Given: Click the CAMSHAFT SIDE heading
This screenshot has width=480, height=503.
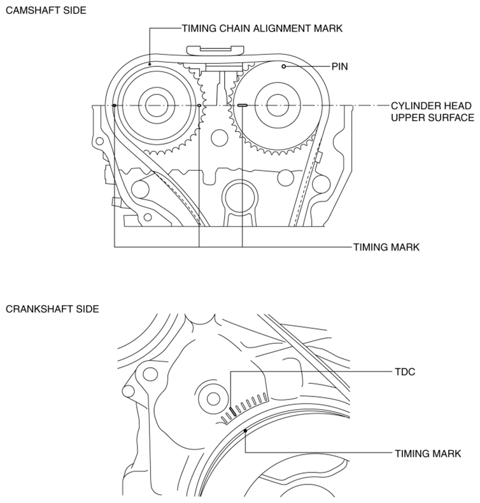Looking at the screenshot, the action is pos(46,10).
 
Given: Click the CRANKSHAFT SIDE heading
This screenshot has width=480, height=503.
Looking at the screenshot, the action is pos(52,309).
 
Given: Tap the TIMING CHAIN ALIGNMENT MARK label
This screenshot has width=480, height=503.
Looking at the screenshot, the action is pos(262,29).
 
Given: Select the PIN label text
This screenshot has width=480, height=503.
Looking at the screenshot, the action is pos(340,67).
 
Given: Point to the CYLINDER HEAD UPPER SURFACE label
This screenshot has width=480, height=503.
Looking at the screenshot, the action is pos(432,112).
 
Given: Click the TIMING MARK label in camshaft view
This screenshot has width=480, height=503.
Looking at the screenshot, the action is pos(386,247).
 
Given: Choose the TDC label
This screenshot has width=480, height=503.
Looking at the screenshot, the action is pos(405,372).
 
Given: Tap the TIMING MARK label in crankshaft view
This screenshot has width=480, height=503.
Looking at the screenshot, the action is pos(428,454).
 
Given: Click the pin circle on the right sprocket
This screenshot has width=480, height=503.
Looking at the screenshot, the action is pos(283,66).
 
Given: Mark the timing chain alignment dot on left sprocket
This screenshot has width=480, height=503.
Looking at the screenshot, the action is pos(150,64).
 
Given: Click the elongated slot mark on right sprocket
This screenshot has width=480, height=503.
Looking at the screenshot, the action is pos(243,105).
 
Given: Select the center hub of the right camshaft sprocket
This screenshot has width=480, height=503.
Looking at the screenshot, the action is pos(278,105).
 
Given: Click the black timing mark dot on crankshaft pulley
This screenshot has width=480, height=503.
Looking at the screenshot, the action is pos(246,430).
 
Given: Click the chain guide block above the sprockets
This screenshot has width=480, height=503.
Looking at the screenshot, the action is pos(215,50).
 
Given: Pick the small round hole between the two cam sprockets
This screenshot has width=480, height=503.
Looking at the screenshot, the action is pos(220,138).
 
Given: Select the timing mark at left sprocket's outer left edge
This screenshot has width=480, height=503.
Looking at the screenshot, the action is pos(115,105).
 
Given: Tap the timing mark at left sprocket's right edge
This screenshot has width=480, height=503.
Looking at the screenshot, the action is pos(199,105).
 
